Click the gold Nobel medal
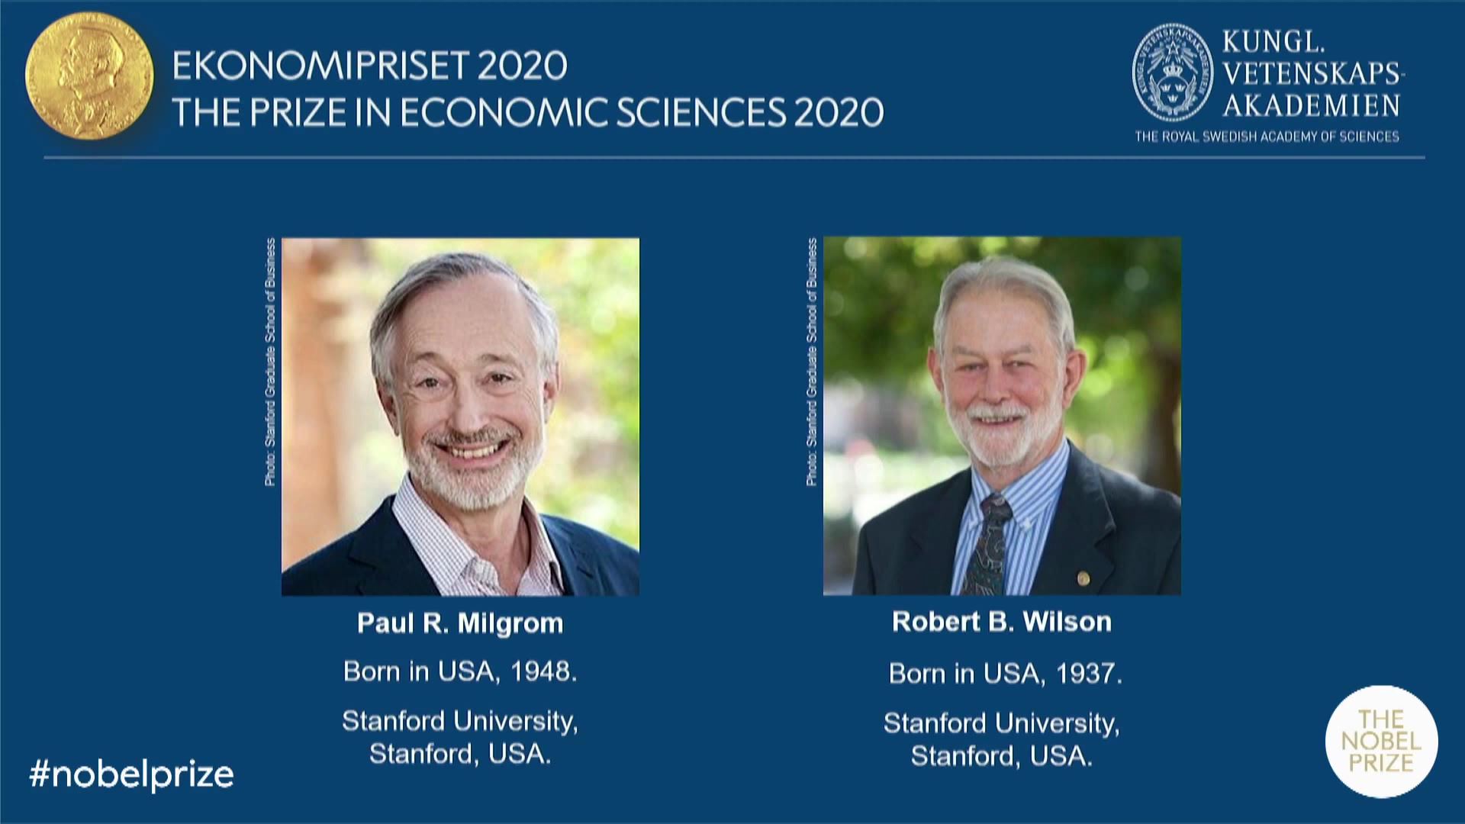point(89,76)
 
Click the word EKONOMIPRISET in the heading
point(320,66)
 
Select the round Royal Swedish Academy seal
point(1172,72)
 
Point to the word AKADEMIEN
point(1312,105)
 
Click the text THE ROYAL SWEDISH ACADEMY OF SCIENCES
point(1267,137)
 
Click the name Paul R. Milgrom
point(460,623)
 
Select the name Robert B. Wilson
point(1002,622)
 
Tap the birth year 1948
point(543,671)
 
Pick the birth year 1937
point(1089,674)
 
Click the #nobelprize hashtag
point(131,774)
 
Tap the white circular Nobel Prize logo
point(1382,742)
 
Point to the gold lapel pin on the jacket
point(1083,579)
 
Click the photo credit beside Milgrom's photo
point(270,362)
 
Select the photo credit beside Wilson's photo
point(812,362)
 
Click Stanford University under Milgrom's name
point(460,721)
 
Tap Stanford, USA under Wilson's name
point(1002,756)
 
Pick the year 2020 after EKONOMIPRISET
point(523,66)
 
